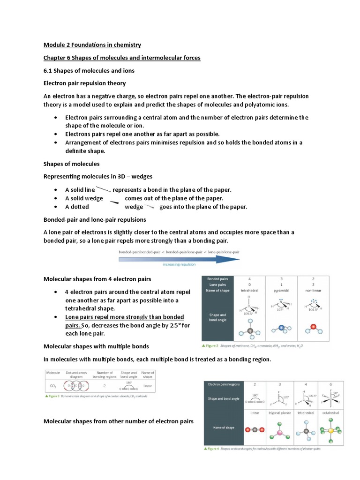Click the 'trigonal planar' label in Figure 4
[x=280, y=412]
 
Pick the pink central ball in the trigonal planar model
[x=280, y=430]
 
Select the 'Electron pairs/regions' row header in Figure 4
[x=224, y=384]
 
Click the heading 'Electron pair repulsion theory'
[x=84, y=83]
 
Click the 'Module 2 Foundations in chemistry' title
[x=92, y=45]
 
